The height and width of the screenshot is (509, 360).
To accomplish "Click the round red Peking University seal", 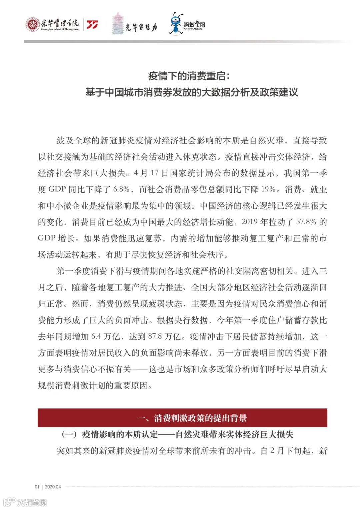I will click(x=33, y=24).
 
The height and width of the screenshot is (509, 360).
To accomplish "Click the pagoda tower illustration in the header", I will click(x=117, y=23).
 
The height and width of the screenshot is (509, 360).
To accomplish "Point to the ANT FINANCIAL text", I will click(x=193, y=29).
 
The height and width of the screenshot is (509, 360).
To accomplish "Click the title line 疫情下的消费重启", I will click(x=189, y=76).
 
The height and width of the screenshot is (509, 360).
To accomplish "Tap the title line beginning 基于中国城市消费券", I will click(x=192, y=92).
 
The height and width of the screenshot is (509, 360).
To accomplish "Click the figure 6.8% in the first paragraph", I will click(x=121, y=189).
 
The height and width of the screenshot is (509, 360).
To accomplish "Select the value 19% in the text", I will click(x=268, y=189).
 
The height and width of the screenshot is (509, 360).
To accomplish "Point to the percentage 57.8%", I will click(x=306, y=222).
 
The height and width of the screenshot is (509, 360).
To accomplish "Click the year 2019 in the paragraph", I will click(x=250, y=222).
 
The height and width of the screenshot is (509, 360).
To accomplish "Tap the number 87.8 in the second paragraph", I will click(x=155, y=336).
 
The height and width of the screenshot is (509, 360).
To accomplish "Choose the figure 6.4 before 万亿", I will click(x=96, y=336).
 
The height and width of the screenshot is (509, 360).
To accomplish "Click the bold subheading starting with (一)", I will click(x=177, y=434).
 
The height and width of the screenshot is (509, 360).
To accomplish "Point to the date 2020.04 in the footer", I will click(x=53, y=487).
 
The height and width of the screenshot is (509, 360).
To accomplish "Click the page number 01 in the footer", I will click(x=37, y=487).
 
